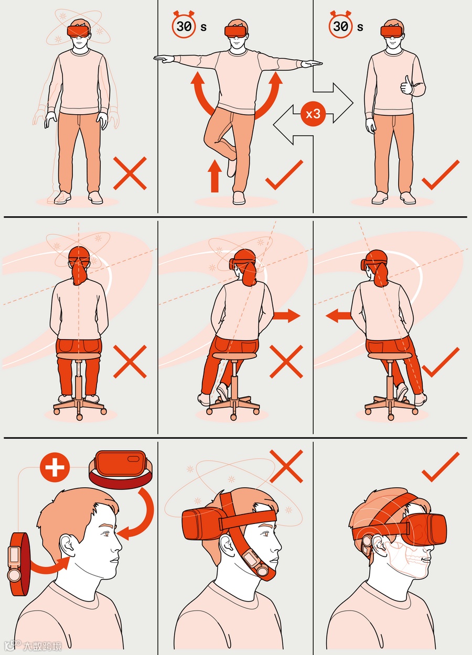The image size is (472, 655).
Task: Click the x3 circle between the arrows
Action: [x=313, y=114]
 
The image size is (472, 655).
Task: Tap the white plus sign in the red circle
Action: [x=55, y=467]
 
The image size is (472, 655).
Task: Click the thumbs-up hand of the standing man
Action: [x=406, y=86]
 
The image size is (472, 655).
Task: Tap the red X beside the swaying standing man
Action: [x=130, y=173]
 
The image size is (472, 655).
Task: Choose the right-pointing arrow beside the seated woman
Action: [x=286, y=315]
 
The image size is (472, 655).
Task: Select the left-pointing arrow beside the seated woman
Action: [x=339, y=316]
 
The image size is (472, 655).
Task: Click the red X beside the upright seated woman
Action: [x=130, y=362]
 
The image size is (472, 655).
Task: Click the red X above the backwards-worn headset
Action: [x=286, y=466]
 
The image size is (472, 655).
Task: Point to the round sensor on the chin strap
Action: [x=261, y=570]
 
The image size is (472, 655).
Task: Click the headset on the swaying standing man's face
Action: [x=79, y=30]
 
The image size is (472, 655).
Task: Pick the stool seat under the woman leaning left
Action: [x=390, y=356]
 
